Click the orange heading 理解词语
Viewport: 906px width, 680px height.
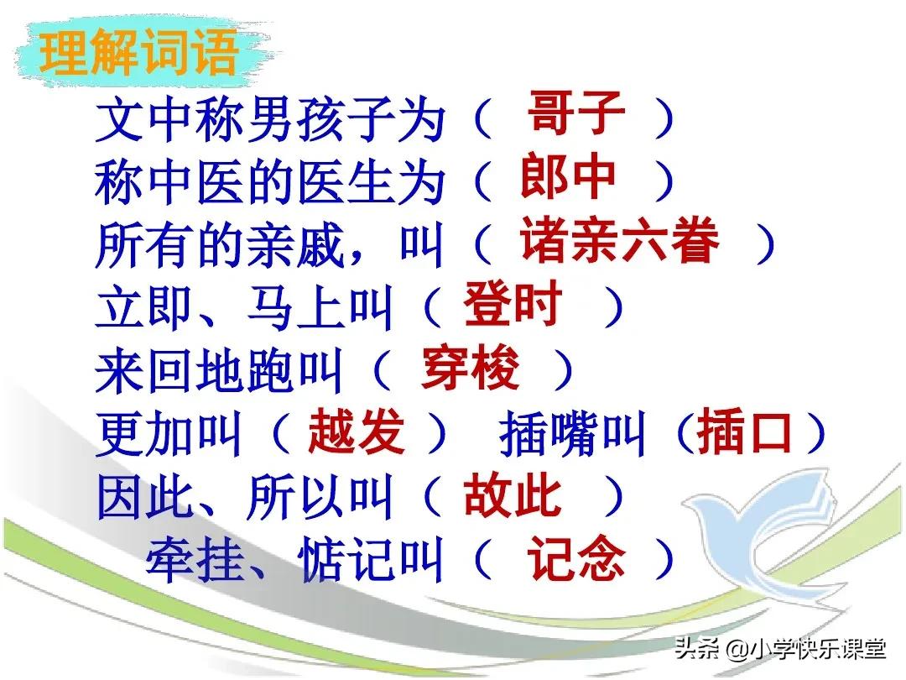coord(138,52)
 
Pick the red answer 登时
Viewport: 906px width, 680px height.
coord(512,306)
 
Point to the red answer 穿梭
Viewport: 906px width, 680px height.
coord(471,369)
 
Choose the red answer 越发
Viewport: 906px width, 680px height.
coord(357,432)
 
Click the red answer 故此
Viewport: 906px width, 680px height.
coord(512,496)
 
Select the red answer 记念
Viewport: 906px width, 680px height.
coord(575,559)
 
